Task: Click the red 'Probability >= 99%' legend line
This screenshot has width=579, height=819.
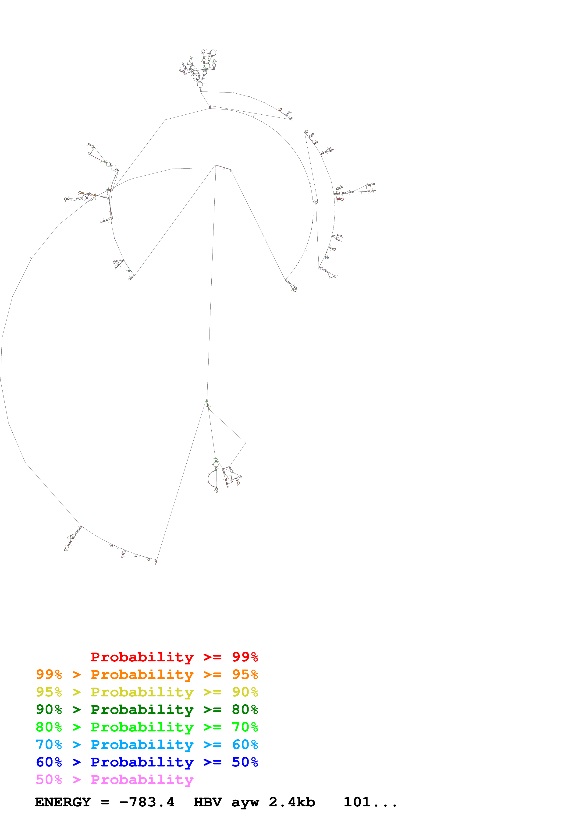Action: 174,657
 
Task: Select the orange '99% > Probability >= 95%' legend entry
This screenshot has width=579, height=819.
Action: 147,674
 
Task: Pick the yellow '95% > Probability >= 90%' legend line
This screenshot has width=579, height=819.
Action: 147,692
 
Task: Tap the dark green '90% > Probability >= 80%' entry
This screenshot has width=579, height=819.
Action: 147,710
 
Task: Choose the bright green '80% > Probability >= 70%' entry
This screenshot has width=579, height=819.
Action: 147,727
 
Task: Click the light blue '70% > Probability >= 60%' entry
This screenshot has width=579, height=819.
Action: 147,745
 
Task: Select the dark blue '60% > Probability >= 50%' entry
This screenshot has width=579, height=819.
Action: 147,762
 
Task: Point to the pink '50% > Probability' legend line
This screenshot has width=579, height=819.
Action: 114,779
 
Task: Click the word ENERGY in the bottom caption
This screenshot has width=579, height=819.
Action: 63,802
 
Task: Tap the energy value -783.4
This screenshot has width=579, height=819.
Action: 147,802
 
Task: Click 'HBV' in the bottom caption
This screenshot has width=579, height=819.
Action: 208,802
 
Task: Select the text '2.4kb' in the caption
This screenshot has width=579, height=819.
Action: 292,802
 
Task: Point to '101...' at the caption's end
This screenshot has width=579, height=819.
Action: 370,802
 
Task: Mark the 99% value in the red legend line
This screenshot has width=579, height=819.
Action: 245,657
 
